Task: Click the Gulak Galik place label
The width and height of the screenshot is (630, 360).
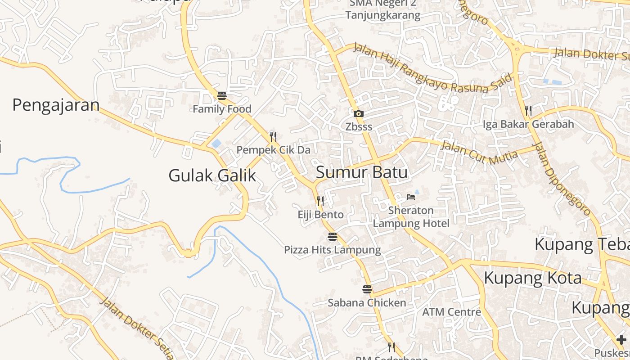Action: tap(212, 175)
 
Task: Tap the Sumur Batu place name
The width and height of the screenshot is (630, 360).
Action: tap(362, 172)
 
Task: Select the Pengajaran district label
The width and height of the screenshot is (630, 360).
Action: tap(56, 105)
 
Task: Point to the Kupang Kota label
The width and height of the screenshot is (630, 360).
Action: tap(532, 278)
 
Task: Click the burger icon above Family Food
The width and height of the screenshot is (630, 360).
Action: tap(221, 95)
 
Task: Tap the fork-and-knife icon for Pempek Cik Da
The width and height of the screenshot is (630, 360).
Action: tap(273, 136)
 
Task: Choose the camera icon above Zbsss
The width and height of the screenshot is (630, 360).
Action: tap(358, 113)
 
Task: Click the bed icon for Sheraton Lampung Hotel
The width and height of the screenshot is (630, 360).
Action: tap(410, 197)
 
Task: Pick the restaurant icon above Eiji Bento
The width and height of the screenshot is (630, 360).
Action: tap(320, 201)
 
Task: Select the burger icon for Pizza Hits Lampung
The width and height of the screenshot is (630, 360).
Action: tap(332, 236)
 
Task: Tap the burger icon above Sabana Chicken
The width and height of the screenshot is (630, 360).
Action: tap(367, 289)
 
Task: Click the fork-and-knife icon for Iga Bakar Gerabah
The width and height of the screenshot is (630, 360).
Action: tap(528, 110)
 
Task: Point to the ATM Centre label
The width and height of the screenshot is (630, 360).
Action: tap(451, 312)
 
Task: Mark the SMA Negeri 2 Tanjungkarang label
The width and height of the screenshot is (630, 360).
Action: tap(383, 9)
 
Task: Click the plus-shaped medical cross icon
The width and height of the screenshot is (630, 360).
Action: tap(621, 340)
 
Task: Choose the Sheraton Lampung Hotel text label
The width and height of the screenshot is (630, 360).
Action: tap(411, 217)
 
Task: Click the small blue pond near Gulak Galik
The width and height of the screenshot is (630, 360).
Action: tap(216, 144)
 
